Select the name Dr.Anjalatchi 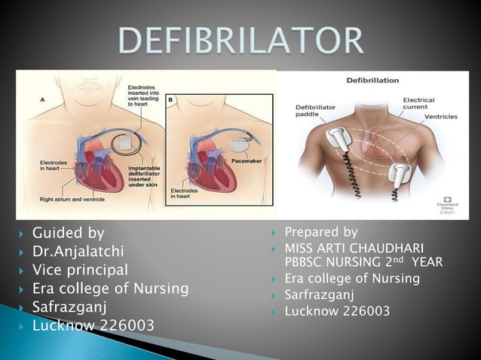tap(80, 252)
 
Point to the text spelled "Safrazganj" tap(69, 307)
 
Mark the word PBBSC tap(305, 262)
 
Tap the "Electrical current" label tap(418, 104)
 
